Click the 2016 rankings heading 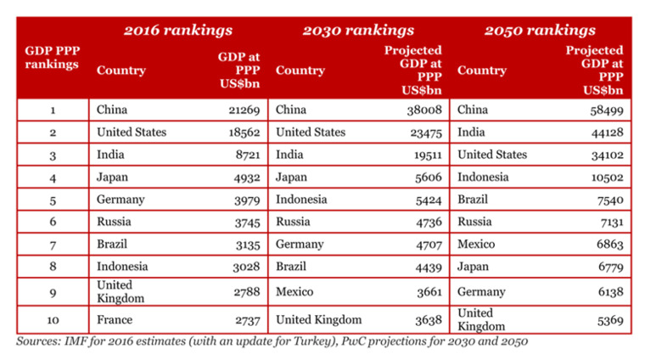(178, 31)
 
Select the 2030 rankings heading (358, 31)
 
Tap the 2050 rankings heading (540, 31)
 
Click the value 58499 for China (606, 110)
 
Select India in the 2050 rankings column (472, 132)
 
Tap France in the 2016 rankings (115, 320)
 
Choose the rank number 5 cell (53, 200)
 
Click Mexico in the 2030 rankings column (295, 291)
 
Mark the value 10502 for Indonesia (606, 177)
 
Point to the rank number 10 (53, 320)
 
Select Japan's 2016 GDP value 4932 (245, 177)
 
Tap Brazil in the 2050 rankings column (474, 200)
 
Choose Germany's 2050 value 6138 (609, 291)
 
